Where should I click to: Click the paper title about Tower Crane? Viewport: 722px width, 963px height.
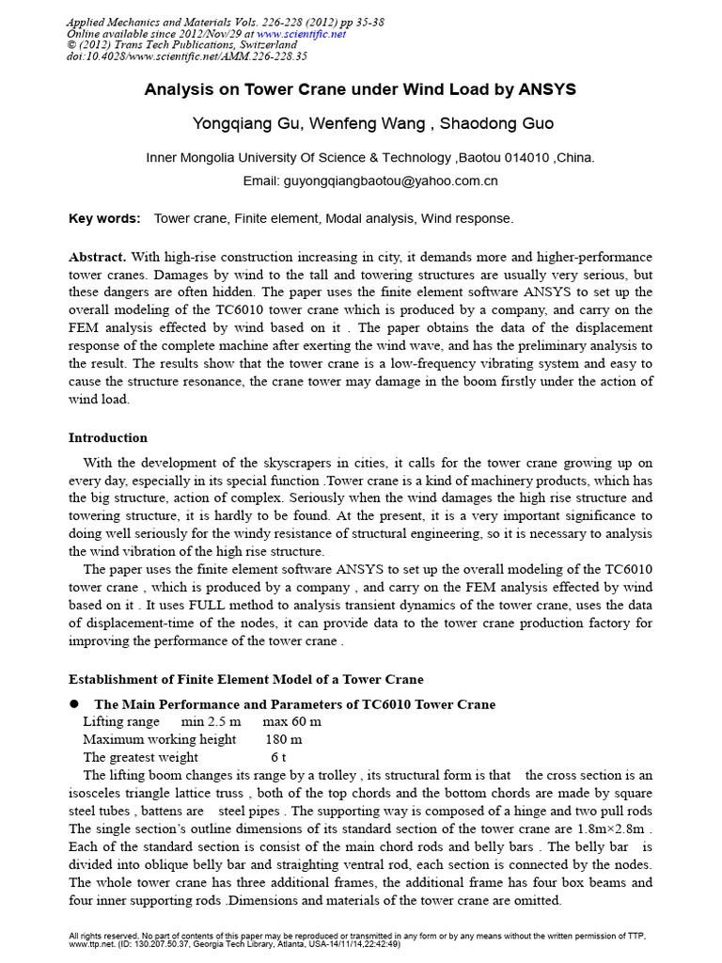tap(360, 90)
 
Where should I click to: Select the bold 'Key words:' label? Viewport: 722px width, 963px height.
tap(104, 219)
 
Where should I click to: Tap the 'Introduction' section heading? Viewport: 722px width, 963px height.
tap(108, 438)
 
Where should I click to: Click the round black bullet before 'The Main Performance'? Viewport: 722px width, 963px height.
tap(74, 704)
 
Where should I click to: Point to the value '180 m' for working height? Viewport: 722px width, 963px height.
tap(283, 740)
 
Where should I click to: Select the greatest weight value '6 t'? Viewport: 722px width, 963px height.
tap(278, 757)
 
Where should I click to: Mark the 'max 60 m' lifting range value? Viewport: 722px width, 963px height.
tap(291, 722)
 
